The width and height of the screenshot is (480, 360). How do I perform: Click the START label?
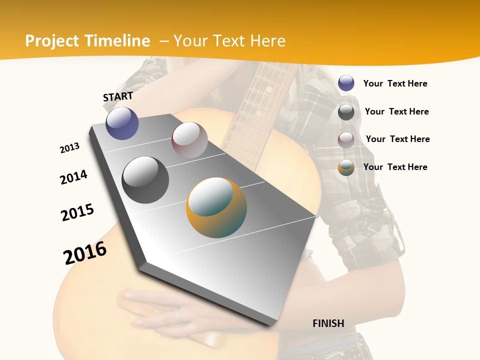(118, 96)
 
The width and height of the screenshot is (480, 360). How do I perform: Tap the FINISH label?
(328, 323)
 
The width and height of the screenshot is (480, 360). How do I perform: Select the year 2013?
(69, 148)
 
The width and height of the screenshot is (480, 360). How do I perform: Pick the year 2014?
(73, 177)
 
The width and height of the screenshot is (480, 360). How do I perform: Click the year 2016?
(85, 253)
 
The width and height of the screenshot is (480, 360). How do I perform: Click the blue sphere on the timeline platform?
(122, 123)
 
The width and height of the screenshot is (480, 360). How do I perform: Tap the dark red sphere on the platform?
(189, 140)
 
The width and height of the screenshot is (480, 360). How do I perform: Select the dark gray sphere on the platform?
(145, 179)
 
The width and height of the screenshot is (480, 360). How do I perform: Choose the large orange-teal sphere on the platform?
(216, 207)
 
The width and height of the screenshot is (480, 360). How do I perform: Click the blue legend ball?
(346, 83)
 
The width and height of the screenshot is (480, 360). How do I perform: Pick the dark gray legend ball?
(346, 112)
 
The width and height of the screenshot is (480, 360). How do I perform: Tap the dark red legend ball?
(346, 140)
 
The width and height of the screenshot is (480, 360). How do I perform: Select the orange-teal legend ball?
(346, 168)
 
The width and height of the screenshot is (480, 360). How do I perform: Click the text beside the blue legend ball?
(395, 83)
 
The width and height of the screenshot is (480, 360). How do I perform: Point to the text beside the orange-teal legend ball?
(395, 167)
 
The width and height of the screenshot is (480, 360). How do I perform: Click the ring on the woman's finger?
(177, 314)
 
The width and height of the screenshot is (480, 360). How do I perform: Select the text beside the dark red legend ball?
(397, 139)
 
